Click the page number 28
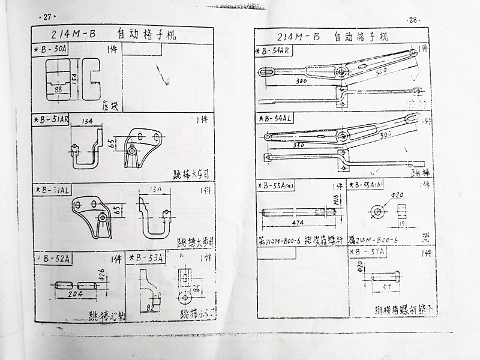pos(414,20)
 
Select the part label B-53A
pos(148,258)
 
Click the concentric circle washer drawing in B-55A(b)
pos(376,211)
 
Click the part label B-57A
pos(371,253)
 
